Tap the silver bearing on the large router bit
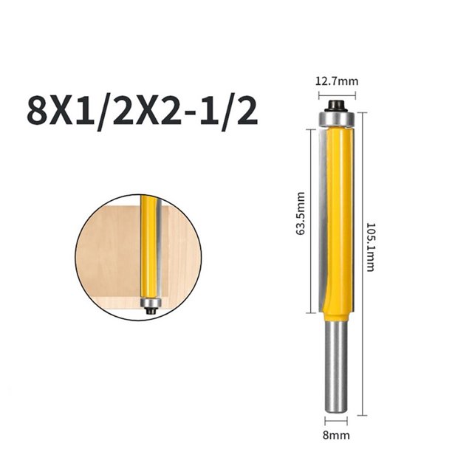337,117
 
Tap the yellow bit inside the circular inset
150,244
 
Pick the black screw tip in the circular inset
150,312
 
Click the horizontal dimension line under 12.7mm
337,94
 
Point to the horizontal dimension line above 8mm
337,424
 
